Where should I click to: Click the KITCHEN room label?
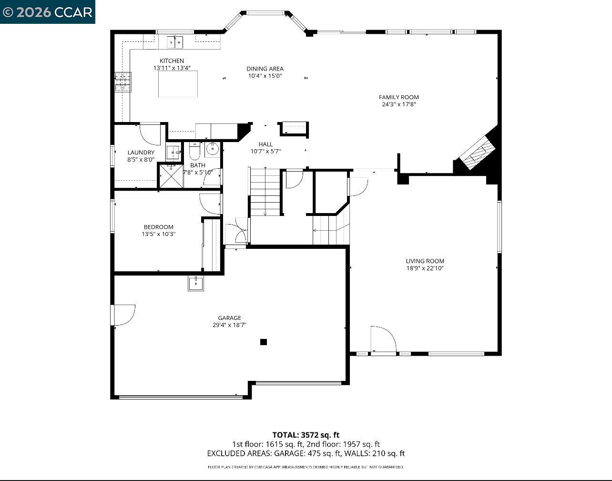tap(172, 61)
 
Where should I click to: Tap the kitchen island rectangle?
tap(178, 84)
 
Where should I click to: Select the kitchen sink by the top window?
tap(175, 42)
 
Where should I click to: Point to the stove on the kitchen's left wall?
tap(122, 82)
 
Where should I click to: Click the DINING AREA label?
tap(265, 69)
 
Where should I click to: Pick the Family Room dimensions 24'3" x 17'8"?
tap(399, 104)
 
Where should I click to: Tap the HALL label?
tap(265, 144)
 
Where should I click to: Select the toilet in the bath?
tap(194, 152)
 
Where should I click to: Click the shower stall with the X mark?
tap(171, 176)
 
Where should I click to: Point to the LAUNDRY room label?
tap(141, 153)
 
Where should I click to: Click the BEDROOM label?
tap(159, 227)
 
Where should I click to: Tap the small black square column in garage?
tap(264, 342)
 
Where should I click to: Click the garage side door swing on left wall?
tap(123, 315)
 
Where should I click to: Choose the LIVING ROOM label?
tap(425, 261)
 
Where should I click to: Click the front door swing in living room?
tap(383, 339)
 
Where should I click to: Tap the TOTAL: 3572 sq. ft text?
tap(306, 435)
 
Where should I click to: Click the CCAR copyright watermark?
tap(47, 12)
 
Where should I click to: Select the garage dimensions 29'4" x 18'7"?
tap(229, 325)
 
